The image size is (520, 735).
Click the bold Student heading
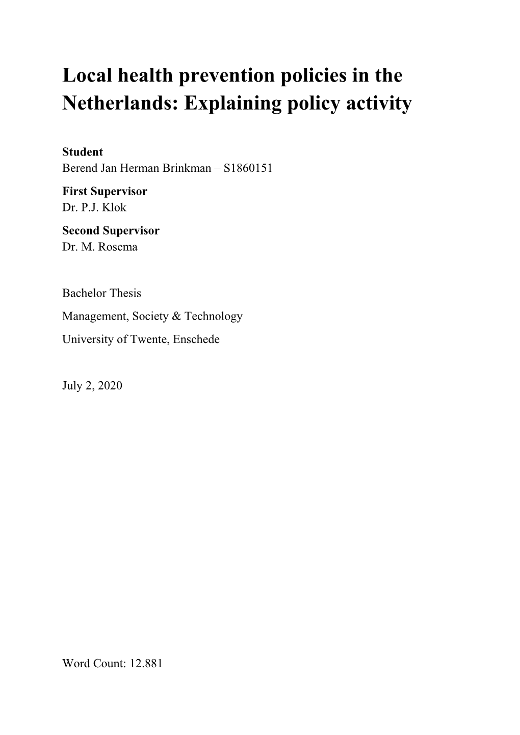(x=83, y=152)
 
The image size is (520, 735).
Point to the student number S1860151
(x=248, y=168)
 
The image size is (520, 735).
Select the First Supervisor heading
(x=105, y=192)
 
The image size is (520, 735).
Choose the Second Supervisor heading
(x=111, y=231)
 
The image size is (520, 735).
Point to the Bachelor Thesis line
(x=101, y=293)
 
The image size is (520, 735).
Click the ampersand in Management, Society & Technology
(x=176, y=316)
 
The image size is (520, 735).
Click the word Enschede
(x=196, y=339)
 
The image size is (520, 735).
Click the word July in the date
(x=72, y=385)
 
